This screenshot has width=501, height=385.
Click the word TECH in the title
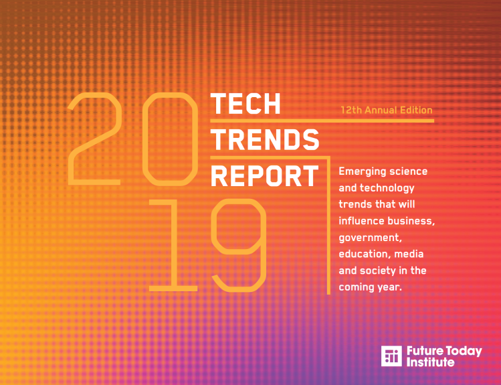(x=245, y=104)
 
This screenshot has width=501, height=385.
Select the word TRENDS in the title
(x=265, y=140)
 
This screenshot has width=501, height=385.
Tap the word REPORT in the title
(x=265, y=176)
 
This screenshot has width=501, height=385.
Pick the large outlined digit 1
(x=173, y=245)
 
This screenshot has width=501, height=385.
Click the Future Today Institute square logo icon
(x=391, y=356)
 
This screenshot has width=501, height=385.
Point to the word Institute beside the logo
(x=430, y=362)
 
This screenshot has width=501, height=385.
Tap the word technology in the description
(x=387, y=188)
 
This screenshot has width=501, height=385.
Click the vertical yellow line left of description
(x=329, y=226)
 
